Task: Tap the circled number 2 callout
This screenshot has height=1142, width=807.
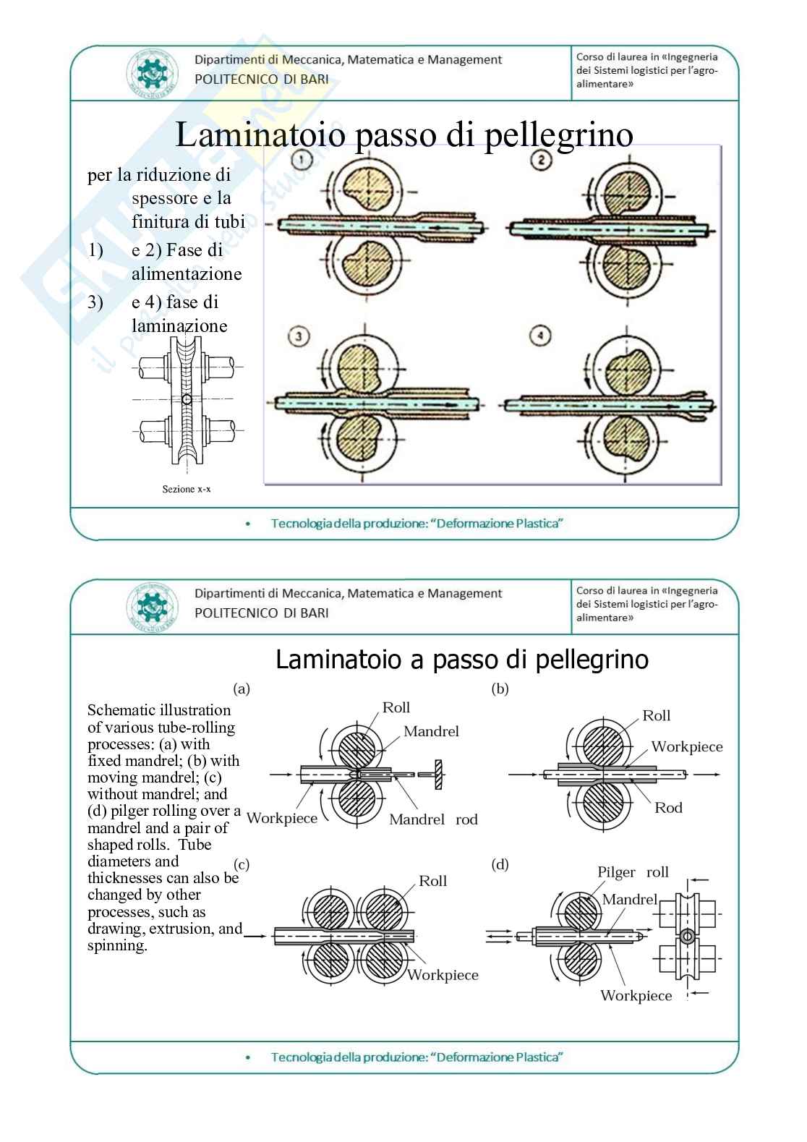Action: click(541, 160)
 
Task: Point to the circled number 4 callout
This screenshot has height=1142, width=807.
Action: click(540, 336)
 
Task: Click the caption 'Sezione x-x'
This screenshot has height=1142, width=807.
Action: click(187, 490)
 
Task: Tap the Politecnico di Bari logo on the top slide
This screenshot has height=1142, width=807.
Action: click(152, 73)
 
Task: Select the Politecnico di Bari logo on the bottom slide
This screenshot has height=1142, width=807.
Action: click(152, 607)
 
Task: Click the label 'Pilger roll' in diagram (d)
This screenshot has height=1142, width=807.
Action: click(633, 872)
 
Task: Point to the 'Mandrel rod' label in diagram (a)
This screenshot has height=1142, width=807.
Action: click(433, 819)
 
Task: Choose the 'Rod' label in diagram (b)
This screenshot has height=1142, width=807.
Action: click(668, 808)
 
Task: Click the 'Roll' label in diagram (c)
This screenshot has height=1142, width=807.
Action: click(432, 881)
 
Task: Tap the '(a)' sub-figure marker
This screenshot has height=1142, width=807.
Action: click(242, 689)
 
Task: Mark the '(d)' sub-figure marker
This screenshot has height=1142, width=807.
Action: click(500, 864)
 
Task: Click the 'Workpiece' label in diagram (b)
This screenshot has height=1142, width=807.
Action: click(686, 747)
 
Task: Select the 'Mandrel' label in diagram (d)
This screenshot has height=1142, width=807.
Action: click(629, 899)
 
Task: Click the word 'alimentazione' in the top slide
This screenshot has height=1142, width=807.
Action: click(187, 274)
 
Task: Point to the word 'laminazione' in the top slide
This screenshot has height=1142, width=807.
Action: click(179, 326)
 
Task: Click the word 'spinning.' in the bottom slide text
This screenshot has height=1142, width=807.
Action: click(117, 946)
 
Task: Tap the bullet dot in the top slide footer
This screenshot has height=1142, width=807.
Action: click(249, 524)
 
